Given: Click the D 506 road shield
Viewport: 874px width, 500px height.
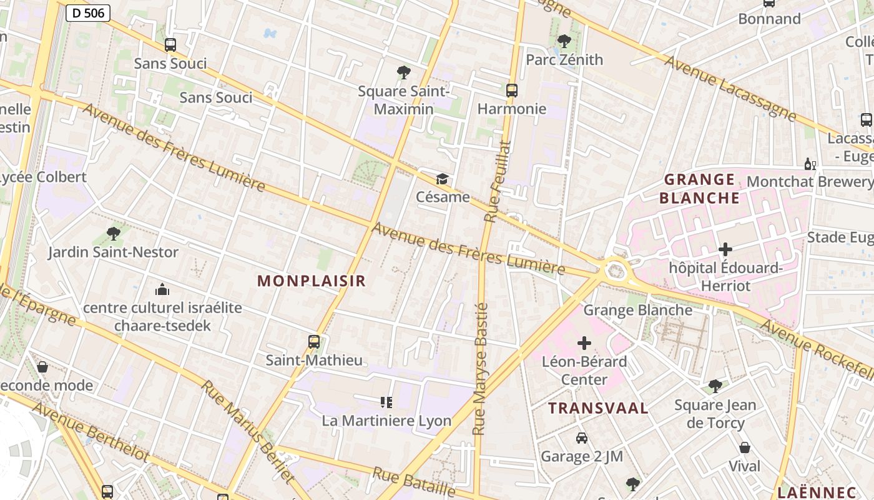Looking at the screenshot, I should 88,12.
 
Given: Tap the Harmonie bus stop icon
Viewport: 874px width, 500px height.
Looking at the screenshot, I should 512,91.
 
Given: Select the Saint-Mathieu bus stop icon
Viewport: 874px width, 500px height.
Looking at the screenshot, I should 314,342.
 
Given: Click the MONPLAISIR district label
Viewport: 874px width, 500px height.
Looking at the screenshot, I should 312,281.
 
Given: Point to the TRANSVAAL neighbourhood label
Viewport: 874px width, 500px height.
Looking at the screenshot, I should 598,409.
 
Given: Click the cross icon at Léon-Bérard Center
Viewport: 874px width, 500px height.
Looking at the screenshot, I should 584,343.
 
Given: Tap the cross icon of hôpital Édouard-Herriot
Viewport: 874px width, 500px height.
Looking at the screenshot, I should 725,249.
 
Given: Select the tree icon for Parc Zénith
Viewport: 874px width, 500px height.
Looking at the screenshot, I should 564,42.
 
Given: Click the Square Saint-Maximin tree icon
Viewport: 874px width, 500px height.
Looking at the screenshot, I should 404,72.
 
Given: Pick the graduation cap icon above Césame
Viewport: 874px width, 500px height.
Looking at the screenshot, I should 443,179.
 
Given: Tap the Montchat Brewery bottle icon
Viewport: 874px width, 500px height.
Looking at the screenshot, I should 810,164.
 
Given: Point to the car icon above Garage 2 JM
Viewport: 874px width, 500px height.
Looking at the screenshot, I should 582,438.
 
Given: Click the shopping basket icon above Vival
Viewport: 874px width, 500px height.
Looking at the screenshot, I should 744,447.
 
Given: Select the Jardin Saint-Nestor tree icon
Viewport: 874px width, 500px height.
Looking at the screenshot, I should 113,234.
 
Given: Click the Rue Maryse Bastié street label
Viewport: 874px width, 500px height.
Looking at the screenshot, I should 480,369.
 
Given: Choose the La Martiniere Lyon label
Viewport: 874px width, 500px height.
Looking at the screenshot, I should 386,421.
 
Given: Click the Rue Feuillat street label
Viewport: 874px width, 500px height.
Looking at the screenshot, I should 498,181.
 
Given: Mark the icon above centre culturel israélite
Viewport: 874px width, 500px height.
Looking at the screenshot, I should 162,289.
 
